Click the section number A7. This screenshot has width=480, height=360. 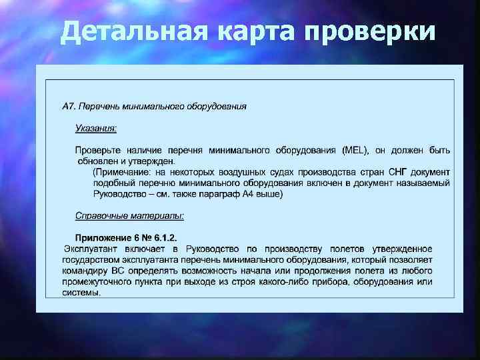click(69, 106)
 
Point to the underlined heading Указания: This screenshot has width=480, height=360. click(96, 127)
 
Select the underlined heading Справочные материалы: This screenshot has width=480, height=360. click(129, 215)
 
